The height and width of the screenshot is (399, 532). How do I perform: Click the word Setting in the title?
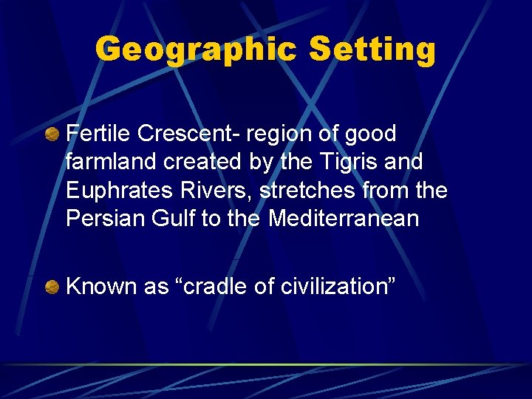point(372,50)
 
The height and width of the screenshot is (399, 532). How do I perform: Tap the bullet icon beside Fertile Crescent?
point(52,134)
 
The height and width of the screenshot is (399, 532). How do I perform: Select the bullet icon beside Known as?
point(52,287)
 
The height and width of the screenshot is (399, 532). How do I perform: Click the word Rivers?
point(216,191)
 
